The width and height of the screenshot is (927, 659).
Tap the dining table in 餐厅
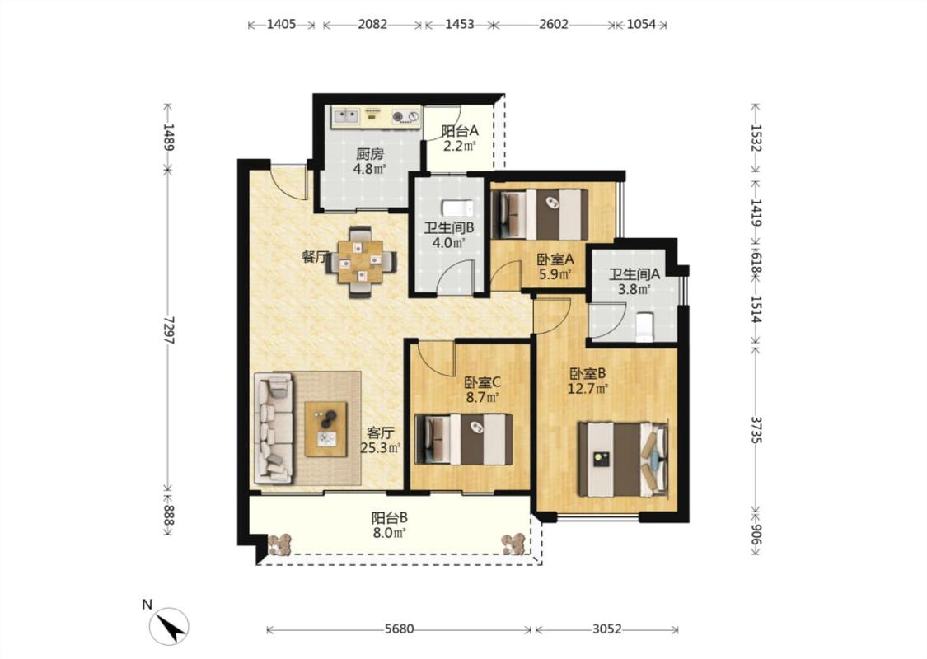[x=361, y=261]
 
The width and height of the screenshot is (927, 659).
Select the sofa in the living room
[x=274, y=428]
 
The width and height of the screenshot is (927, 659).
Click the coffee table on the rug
[x=325, y=429]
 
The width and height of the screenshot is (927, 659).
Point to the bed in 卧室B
[x=624, y=459]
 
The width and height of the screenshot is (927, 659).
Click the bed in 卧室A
[x=540, y=214]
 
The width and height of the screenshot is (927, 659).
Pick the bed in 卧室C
[x=464, y=438]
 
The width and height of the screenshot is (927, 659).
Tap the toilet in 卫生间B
[x=457, y=208]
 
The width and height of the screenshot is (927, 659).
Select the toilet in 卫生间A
[x=644, y=327]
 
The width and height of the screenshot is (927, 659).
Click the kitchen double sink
[x=345, y=115]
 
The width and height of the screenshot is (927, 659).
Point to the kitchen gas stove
[x=405, y=116]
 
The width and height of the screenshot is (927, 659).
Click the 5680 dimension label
[x=399, y=629]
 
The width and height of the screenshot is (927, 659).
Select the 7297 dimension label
[x=168, y=330]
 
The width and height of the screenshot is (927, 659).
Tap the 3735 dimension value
[x=756, y=430]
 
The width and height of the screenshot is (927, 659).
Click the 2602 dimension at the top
[x=554, y=24]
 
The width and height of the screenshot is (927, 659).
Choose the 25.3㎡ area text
[x=381, y=448]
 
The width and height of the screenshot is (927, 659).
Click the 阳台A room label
[x=460, y=131]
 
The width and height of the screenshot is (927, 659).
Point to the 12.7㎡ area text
[x=588, y=389]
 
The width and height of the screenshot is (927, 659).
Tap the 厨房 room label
[x=369, y=154]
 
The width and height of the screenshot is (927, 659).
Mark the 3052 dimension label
[x=607, y=629]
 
